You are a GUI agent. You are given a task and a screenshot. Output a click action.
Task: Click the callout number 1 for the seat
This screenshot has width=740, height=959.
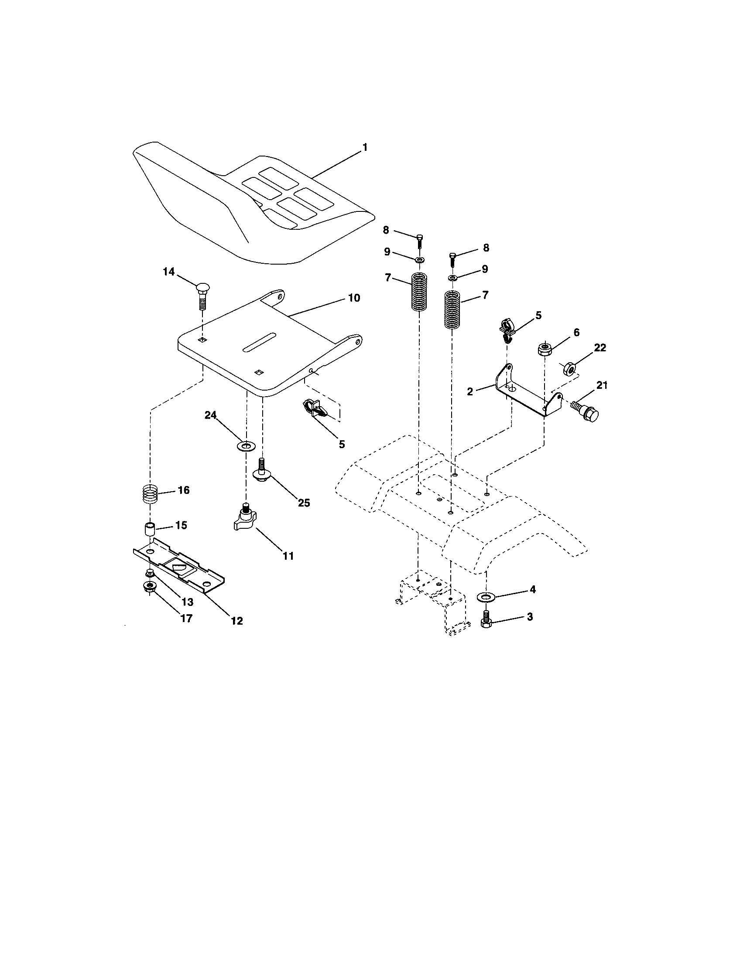click(x=364, y=147)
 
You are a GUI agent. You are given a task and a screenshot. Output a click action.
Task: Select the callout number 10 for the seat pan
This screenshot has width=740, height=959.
click(x=354, y=298)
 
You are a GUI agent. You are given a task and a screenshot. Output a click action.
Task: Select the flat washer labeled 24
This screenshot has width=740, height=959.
click(x=247, y=446)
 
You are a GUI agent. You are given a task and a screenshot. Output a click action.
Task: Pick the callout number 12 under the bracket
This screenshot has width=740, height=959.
click(x=236, y=620)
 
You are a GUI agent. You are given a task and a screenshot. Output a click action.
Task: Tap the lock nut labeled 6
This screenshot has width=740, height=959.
click(x=545, y=350)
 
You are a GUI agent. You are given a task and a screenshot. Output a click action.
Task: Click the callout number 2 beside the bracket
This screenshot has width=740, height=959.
click(x=470, y=391)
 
